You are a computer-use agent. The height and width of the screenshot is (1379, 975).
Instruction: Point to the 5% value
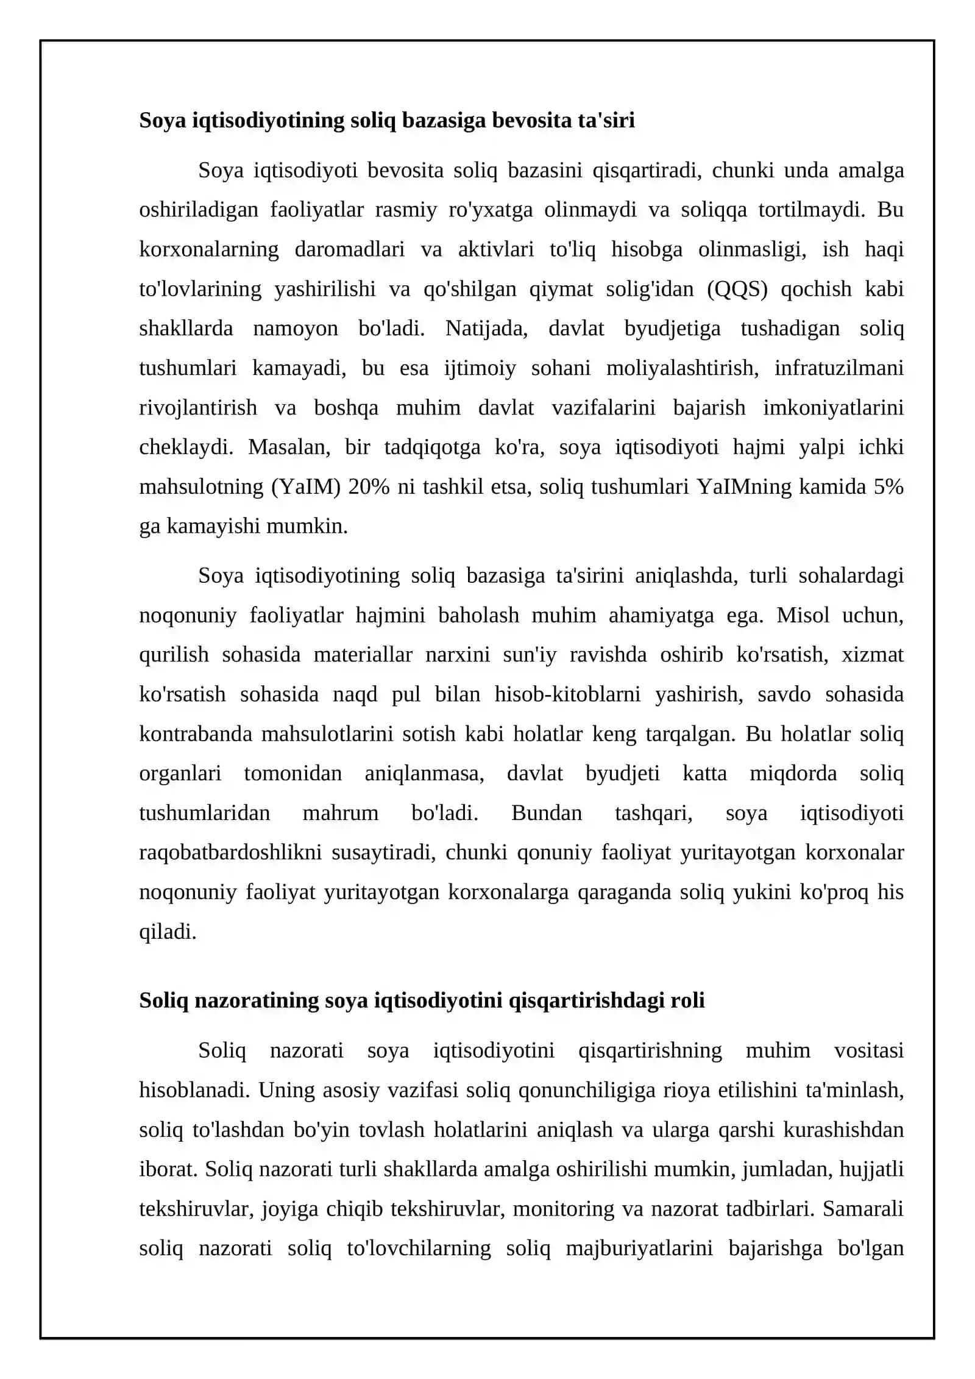click(x=888, y=487)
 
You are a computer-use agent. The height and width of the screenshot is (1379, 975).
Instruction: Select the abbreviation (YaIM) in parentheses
click(x=305, y=487)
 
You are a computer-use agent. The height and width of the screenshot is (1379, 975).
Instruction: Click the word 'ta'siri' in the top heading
click(x=606, y=121)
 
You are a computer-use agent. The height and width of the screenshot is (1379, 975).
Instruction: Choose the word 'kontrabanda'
click(x=196, y=733)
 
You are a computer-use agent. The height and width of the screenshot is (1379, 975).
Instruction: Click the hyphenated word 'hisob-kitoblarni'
click(x=567, y=694)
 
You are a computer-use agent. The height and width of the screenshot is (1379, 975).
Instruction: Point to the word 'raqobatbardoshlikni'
click(x=230, y=852)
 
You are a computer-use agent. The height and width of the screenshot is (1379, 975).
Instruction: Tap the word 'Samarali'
click(x=862, y=1208)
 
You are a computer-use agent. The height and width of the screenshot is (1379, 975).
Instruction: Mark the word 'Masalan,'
click(x=289, y=447)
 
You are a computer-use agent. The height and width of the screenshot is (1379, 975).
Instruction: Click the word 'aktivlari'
click(x=495, y=249)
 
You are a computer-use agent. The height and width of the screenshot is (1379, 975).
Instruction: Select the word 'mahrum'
click(x=340, y=813)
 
